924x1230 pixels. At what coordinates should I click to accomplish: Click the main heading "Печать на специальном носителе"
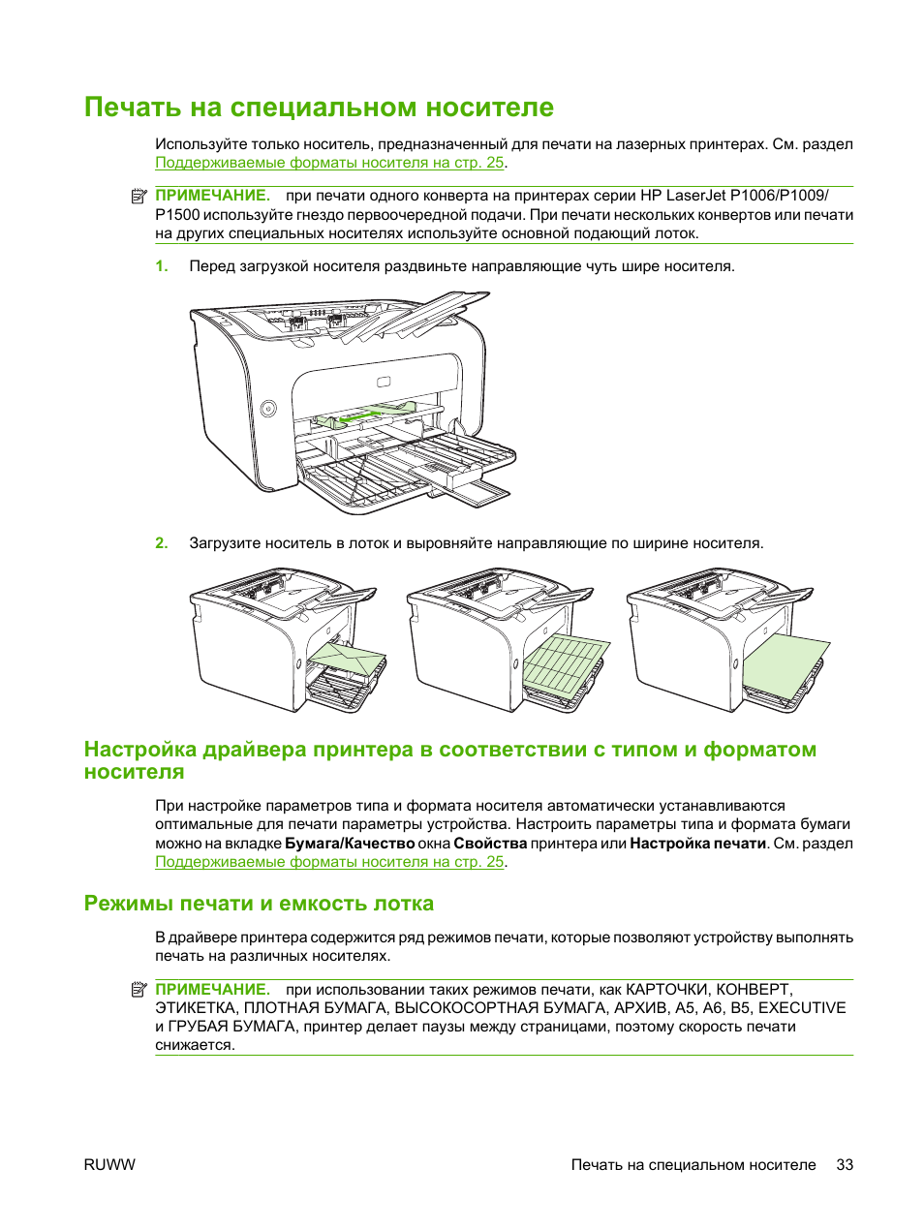point(319,107)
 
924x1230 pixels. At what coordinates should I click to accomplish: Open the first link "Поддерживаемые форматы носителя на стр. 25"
point(329,163)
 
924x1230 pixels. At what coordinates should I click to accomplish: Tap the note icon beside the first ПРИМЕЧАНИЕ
point(139,196)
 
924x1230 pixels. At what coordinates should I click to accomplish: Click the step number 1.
point(162,266)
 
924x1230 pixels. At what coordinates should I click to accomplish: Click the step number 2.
point(162,543)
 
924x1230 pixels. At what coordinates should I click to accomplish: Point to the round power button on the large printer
point(269,409)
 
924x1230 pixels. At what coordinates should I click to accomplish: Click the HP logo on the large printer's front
point(384,381)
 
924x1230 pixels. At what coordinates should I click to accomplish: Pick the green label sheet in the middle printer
point(565,662)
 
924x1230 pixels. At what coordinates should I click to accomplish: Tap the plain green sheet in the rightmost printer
point(785,662)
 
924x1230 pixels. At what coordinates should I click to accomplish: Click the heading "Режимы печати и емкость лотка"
point(259,904)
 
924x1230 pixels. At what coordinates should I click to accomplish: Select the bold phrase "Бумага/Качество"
point(350,844)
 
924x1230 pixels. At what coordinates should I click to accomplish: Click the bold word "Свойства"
point(490,844)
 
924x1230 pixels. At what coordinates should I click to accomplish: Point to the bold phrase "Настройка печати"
point(697,844)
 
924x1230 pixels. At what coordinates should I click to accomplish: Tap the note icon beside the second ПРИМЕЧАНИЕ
point(139,990)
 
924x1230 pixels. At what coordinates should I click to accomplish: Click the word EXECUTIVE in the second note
point(802,1008)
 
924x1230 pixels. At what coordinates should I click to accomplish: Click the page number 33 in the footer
point(845,1165)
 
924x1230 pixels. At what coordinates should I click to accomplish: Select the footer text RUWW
point(109,1165)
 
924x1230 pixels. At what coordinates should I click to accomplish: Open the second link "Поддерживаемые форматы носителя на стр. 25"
point(329,862)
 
